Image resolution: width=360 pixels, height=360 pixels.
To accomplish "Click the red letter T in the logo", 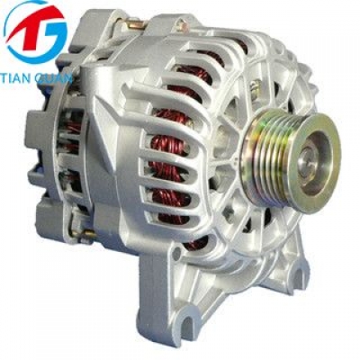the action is pyautogui.click(x=29, y=29).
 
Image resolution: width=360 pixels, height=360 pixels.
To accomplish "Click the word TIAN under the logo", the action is pyautogui.click(x=16, y=77).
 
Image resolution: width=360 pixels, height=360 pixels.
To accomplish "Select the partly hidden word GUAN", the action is pyautogui.click(x=55, y=77).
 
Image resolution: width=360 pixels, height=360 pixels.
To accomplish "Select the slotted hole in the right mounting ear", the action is pyautogui.click(x=299, y=277).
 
